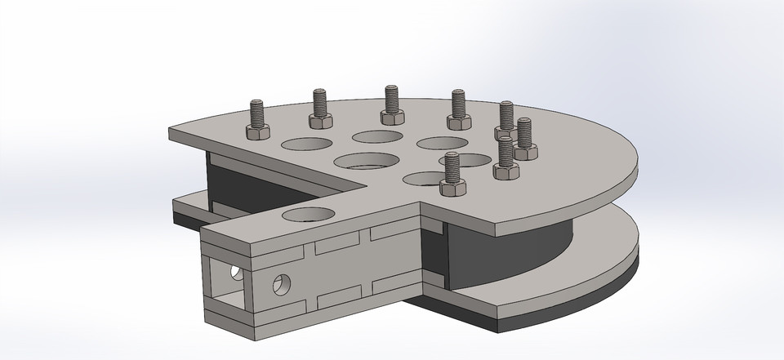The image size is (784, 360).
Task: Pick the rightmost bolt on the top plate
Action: [524, 140]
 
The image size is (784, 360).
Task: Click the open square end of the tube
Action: [225, 281]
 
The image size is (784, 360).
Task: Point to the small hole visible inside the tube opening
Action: [236, 270]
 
